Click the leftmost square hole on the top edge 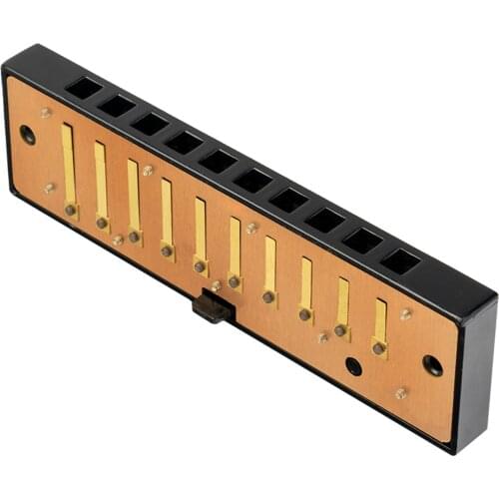coord(84,88)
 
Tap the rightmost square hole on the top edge coord(401,261)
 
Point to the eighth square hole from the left coord(325,220)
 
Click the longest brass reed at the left coord(68,165)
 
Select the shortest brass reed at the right coord(380,319)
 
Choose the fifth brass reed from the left coord(200,232)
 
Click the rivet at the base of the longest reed coord(71,210)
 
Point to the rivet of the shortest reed coord(379,347)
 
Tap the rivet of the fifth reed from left coord(201,266)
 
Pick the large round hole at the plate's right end coord(432,365)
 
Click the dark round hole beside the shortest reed coord(354,365)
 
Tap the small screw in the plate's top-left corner coord(46,113)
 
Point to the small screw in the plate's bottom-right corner coord(401,393)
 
